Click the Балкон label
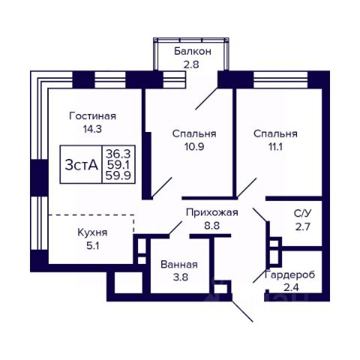(193, 52)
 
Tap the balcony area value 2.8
(191, 64)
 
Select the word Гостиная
(93, 116)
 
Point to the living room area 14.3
(92, 129)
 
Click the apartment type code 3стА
(81, 165)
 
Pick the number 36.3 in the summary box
(118, 153)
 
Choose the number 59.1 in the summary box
(118, 164)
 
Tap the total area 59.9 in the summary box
(118, 175)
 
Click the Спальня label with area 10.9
(194, 134)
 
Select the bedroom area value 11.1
(275, 147)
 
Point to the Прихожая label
(212, 213)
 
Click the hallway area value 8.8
(211, 226)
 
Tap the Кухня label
(92, 233)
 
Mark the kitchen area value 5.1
(93, 246)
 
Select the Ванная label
(179, 265)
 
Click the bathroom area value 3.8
(181, 277)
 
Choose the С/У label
(302, 214)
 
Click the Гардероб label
(290, 274)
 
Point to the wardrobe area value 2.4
(291, 287)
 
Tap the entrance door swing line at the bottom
(242, 310)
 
